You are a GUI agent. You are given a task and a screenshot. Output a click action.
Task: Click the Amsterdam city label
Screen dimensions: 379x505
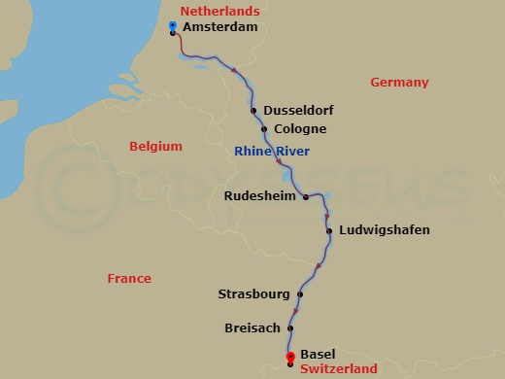tap(220, 28)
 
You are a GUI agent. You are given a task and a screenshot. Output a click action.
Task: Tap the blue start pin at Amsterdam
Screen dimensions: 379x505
tap(172, 25)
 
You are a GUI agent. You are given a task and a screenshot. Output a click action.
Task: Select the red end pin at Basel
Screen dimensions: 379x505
tap(290, 358)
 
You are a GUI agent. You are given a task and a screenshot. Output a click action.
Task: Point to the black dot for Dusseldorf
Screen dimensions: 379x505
tap(253, 111)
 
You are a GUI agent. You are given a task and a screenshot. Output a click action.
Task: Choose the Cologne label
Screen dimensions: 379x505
tap(300, 129)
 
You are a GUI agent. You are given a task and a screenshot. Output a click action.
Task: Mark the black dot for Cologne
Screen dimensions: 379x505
tap(264, 129)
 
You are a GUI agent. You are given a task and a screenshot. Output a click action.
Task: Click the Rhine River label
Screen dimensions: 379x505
tap(272, 150)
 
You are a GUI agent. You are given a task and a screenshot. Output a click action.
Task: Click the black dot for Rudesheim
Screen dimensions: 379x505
tap(306, 196)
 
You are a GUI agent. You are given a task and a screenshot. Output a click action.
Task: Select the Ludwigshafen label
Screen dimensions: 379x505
tap(385, 230)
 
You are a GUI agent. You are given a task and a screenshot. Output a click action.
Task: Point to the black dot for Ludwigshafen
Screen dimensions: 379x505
tap(330, 230)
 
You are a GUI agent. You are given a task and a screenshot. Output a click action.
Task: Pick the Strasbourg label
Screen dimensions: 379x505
tap(254, 293)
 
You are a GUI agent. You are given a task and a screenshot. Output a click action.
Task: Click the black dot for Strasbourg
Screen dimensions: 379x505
tap(300, 293)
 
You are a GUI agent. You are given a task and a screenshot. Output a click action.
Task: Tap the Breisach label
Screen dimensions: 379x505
tap(252, 328)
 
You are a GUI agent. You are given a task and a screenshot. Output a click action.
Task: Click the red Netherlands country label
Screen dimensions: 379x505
tap(220, 11)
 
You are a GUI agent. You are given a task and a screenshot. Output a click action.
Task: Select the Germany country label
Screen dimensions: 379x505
tap(399, 83)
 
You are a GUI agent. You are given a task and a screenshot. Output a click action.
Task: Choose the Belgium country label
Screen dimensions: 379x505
tap(155, 147)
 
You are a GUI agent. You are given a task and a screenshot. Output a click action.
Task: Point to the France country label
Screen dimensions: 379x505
tap(129, 279)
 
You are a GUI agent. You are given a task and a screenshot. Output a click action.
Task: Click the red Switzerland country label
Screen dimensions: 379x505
tap(339, 369)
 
